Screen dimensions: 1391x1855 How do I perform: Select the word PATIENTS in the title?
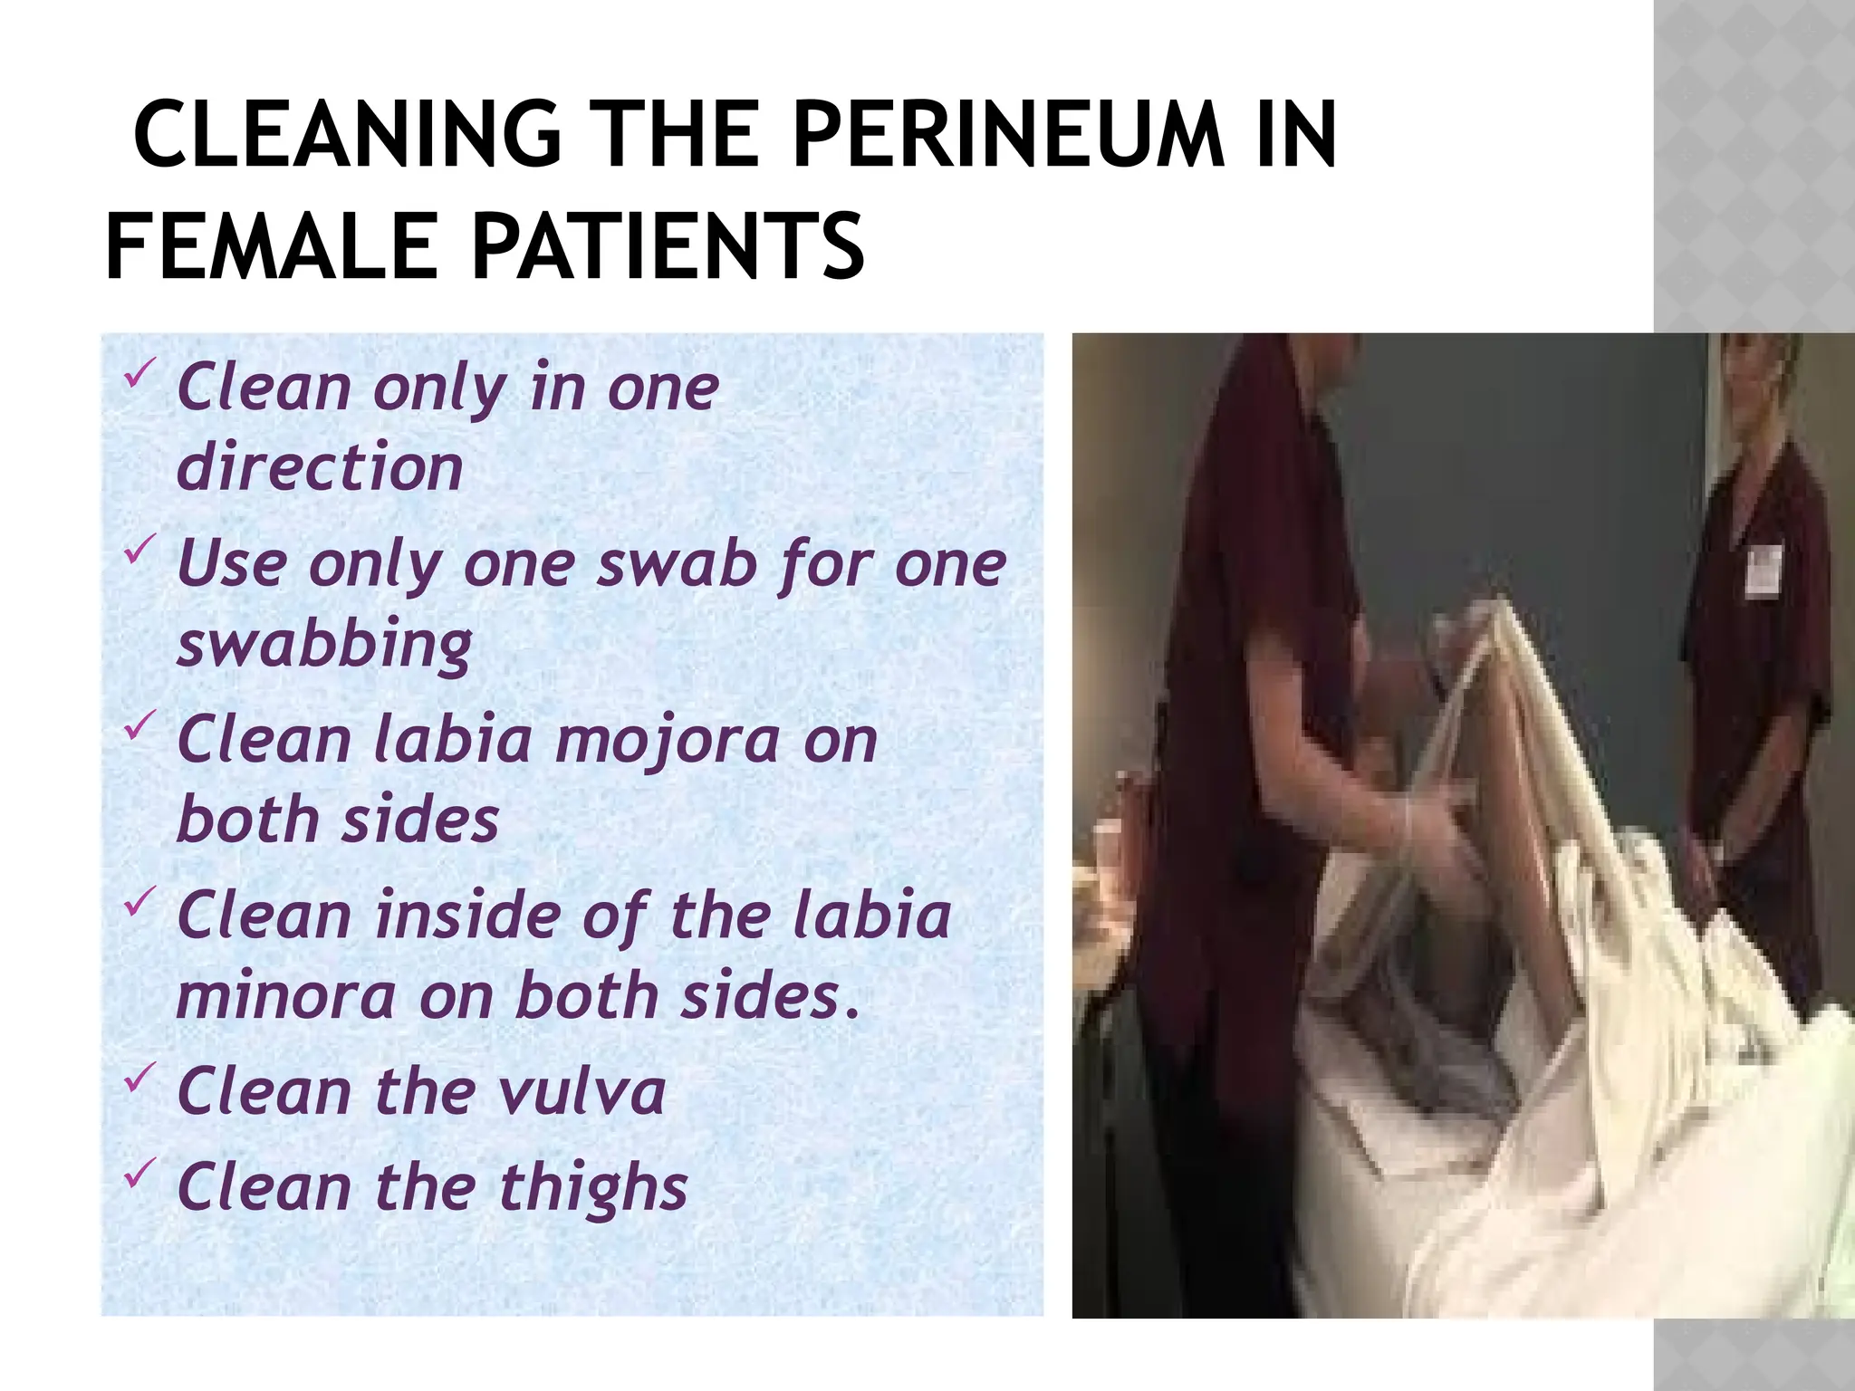668,246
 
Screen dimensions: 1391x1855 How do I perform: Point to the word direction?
320,467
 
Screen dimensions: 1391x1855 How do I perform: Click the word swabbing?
324,645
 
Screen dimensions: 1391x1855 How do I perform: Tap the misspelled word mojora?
668,741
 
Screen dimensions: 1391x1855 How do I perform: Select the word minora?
286,996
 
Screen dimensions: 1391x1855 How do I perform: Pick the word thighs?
593,1187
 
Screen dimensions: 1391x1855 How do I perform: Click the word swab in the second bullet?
680,565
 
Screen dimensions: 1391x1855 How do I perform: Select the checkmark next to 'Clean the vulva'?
140,1077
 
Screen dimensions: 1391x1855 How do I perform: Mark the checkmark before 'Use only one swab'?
140,549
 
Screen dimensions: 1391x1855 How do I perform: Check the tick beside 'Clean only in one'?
140,373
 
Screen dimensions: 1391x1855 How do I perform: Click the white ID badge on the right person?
1762,569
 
